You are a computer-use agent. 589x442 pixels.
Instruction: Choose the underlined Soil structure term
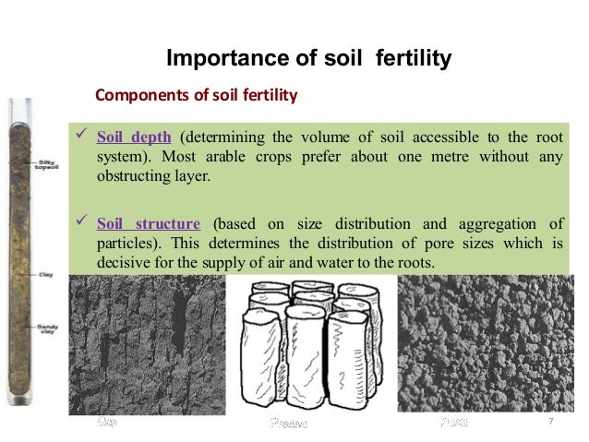click(148, 224)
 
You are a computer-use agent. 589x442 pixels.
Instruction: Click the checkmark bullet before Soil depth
click(79, 137)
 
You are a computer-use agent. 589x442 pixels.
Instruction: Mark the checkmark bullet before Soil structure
click(79, 223)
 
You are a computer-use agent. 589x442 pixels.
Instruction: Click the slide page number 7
click(550, 422)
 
